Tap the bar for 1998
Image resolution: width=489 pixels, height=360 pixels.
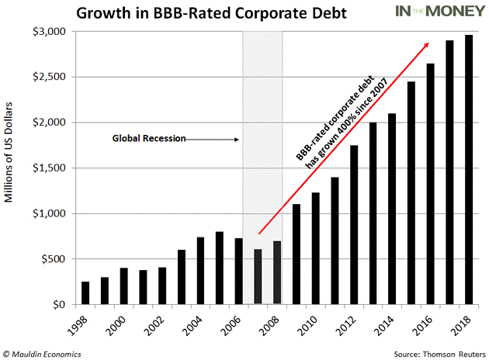[x=85, y=293]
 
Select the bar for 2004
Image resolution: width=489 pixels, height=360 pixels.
[x=199, y=271]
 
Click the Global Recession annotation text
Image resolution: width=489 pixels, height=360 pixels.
[x=149, y=140]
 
